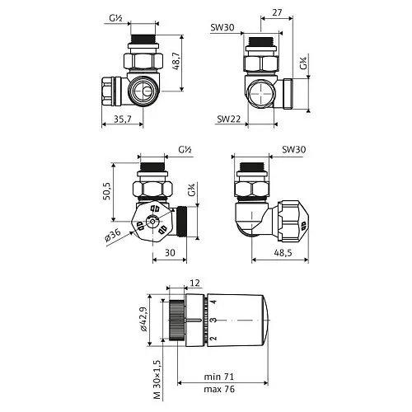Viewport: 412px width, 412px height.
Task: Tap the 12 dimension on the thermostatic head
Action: point(194,283)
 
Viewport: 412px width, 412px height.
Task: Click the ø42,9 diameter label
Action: point(145,320)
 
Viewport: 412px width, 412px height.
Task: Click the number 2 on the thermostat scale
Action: point(213,339)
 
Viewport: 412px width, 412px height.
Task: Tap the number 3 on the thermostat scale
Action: point(213,320)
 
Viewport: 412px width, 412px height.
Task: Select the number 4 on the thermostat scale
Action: point(213,302)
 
